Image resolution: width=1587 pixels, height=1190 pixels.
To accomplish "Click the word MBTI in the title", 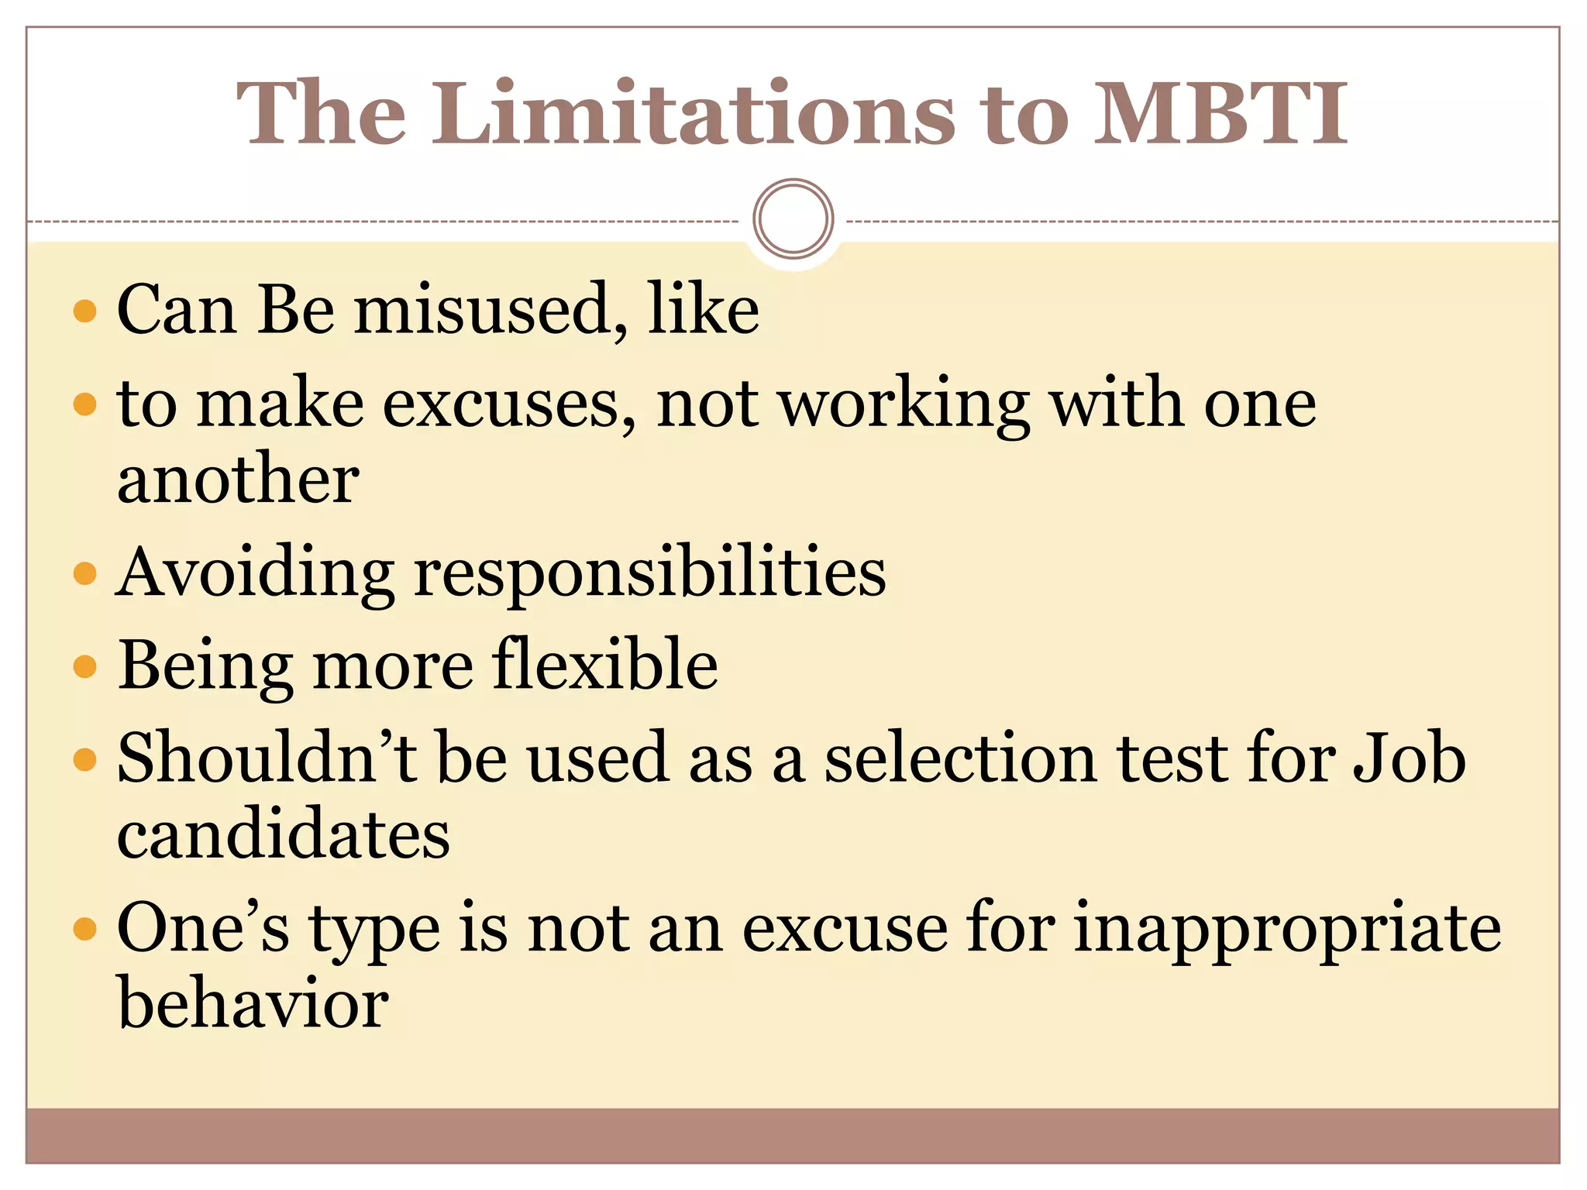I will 1220,114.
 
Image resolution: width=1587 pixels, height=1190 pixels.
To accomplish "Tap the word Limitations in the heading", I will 694,114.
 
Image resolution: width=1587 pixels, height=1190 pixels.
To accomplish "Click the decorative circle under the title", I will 793,218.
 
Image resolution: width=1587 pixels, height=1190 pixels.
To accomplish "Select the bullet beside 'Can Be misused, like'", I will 84,311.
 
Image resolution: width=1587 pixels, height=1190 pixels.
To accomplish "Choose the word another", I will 238,480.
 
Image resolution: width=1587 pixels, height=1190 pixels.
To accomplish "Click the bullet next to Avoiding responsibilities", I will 84,574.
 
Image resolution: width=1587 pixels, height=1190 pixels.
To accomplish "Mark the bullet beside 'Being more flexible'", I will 84,666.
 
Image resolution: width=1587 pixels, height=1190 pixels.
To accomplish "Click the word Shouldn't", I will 267,758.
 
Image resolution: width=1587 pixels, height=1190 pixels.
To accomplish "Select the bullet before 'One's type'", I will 84,928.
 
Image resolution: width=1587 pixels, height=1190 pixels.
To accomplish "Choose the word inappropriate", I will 1287,930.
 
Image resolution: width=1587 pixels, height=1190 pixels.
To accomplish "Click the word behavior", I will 253,1004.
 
